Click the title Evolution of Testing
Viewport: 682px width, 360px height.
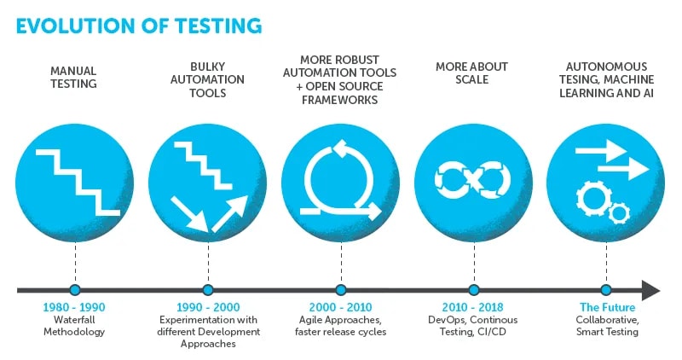(139, 25)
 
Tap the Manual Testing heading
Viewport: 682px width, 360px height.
(73, 78)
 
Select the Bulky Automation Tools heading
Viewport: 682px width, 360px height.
(208, 78)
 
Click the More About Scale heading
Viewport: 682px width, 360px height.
(473, 73)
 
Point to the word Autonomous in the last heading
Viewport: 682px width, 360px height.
(606, 67)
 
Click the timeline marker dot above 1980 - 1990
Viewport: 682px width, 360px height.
(74, 290)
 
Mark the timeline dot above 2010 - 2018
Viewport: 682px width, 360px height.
(474, 290)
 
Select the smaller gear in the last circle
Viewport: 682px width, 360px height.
(620, 211)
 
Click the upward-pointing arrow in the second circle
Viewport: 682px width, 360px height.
(228, 213)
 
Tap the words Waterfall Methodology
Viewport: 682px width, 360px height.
(74, 325)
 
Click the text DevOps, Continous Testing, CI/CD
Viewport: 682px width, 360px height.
(473, 325)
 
